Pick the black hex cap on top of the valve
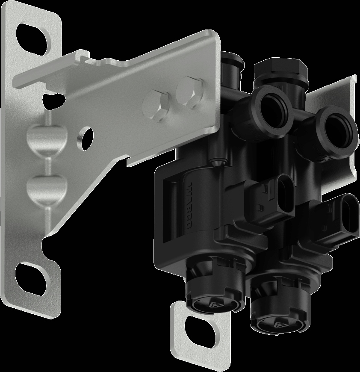point(280,69)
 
